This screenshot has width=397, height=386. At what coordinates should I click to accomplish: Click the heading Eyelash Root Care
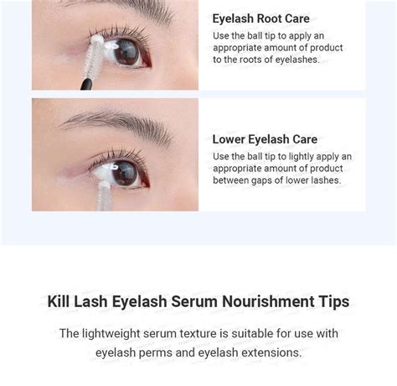pos(260,18)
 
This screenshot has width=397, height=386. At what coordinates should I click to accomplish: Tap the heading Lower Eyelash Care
pos(265,139)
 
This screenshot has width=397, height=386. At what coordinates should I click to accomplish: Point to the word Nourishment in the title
pos(263,301)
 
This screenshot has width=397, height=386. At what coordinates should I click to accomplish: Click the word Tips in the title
pos(333,301)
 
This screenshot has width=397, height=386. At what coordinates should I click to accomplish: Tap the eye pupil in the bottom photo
pos(124,172)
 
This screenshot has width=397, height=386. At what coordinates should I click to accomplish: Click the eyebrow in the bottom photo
pos(117,125)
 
